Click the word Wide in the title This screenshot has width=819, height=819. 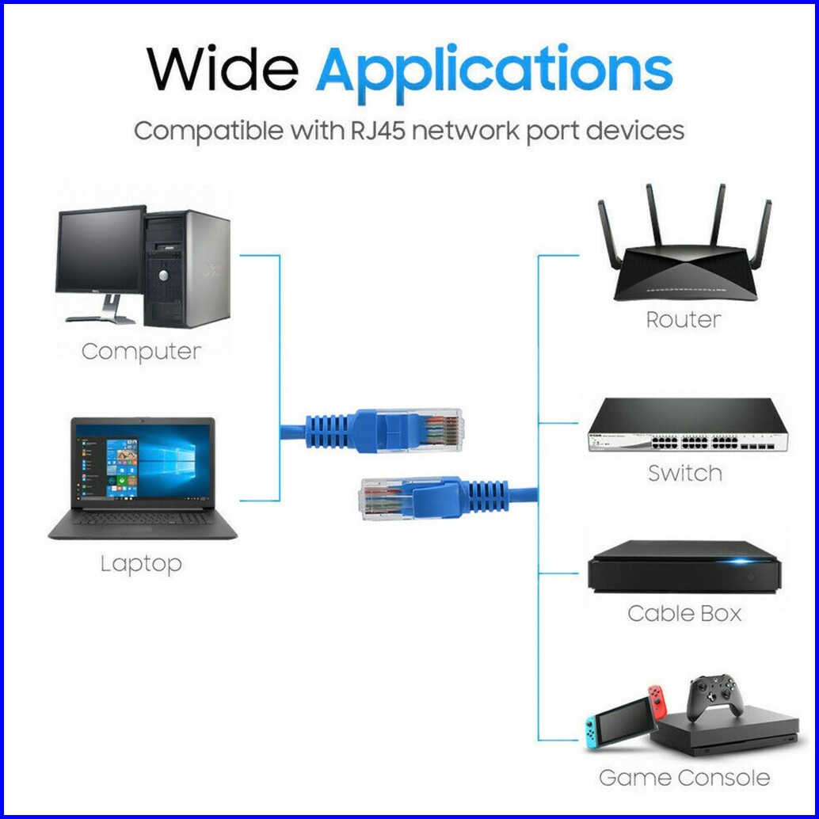(223, 69)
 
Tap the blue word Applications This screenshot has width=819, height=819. (494, 74)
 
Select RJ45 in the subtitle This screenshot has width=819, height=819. (377, 131)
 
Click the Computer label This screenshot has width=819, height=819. (141, 352)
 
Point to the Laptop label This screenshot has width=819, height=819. (141, 564)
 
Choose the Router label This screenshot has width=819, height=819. (684, 319)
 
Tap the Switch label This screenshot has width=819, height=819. (685, 473)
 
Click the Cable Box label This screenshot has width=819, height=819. (684, 613)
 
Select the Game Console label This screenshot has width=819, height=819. (684, 778)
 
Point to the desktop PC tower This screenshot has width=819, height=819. (187, 269)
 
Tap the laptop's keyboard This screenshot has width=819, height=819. (140, 518)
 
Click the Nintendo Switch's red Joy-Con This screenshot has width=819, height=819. (657, 701)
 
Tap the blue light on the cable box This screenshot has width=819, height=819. (741, 562)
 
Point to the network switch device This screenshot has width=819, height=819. (688, 425)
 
